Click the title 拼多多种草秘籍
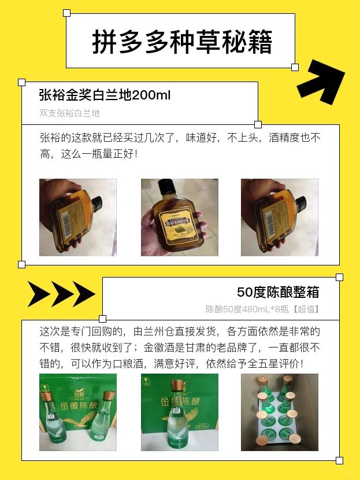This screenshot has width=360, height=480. coord(182,42)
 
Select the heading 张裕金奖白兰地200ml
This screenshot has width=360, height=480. coord(105,95)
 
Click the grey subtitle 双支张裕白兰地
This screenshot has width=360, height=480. coord(69,113)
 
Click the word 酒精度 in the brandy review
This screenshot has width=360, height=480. coord(285,139)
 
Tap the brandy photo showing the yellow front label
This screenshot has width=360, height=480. coord(180,217)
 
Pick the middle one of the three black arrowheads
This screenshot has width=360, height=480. coord(62,294)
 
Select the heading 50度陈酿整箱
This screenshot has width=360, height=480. coord(278,292)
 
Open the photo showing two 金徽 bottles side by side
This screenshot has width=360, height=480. coord(78,412)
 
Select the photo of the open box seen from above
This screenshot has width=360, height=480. coord(280,412)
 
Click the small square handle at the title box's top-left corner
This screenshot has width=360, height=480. coord(66,13)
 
